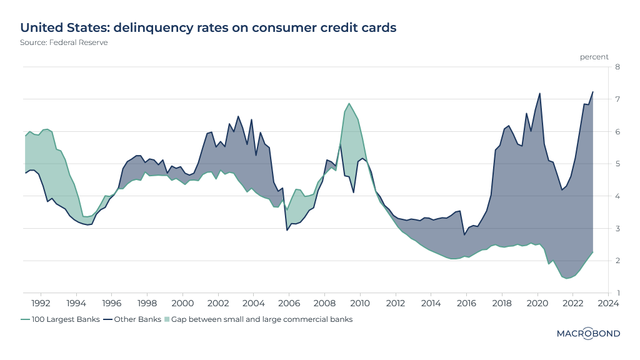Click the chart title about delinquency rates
208,28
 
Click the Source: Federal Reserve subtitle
59,42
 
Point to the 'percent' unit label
594,57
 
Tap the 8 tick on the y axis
617,67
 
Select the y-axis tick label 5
617,164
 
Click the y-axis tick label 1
617,293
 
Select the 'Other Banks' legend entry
132,319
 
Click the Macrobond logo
588,333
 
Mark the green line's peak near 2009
349,104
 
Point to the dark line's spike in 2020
539,93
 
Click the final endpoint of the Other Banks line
592,92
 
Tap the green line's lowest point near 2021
567,278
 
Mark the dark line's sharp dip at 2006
287,230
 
